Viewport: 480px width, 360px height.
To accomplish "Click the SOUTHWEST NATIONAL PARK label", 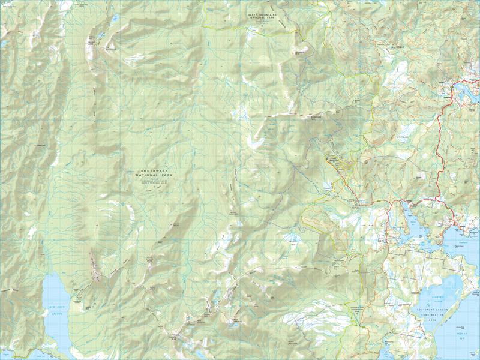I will pyautogui.click(x=152, y=172).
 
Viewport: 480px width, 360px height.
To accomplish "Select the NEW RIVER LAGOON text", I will pyautogui.click(x=56, y=311).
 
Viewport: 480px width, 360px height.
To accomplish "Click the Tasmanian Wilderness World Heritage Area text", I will pyautogui.click(x=152, y=182).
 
